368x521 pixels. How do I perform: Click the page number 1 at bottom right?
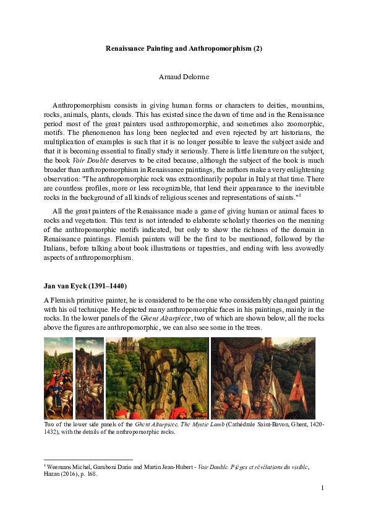pyautogui.click(x=323, y=489)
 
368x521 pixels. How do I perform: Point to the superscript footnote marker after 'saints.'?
pyautogui.click(x=300, y=195)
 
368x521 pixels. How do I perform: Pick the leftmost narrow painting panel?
pyautogui.click(x=58, y=378)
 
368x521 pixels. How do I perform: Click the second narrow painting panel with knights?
pyautogui.click(x=90, y=378)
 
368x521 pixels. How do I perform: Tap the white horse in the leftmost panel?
pyautogui.click(x=52, y=402)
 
